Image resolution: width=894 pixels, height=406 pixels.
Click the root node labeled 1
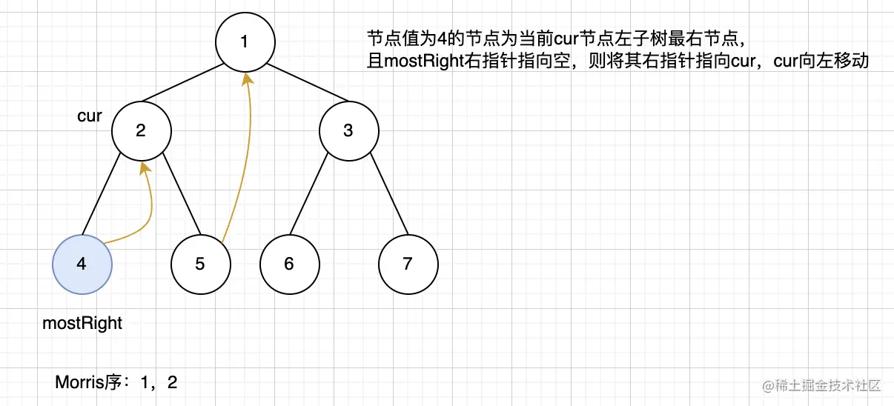click(245, 41)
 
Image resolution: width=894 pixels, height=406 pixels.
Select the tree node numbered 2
click(141, 130)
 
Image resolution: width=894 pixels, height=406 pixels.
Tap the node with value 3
click(348, 130)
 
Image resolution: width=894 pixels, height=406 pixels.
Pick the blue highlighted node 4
click(82, 264)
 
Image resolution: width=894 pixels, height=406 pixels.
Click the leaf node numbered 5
click(200, 264)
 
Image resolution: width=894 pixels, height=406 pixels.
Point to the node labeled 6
click(289, 264)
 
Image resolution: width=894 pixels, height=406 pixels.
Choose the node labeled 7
click(408, 264)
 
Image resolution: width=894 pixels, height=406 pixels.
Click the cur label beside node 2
click(89, 116)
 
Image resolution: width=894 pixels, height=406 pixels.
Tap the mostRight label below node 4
click(82, 324)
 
